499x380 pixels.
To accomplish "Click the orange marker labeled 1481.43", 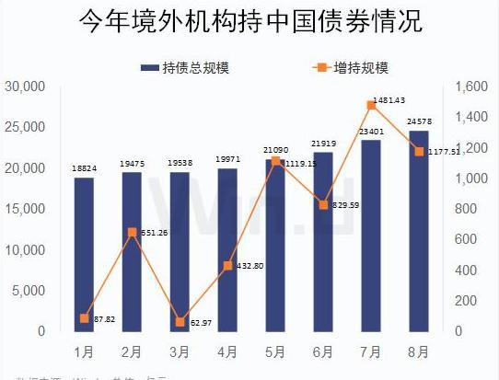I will [x=371, y=105].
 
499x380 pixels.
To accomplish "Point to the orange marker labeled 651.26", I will [x=132, y=232].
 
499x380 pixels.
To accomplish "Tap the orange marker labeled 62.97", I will [x=180, y=322].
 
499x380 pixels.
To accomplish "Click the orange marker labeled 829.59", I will [x=323, y=204].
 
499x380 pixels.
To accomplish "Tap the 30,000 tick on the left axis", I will [x=26, y=86].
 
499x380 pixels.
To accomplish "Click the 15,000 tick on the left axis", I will [x=26, y=209].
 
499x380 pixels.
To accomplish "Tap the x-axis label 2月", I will [x=132, y=351].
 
